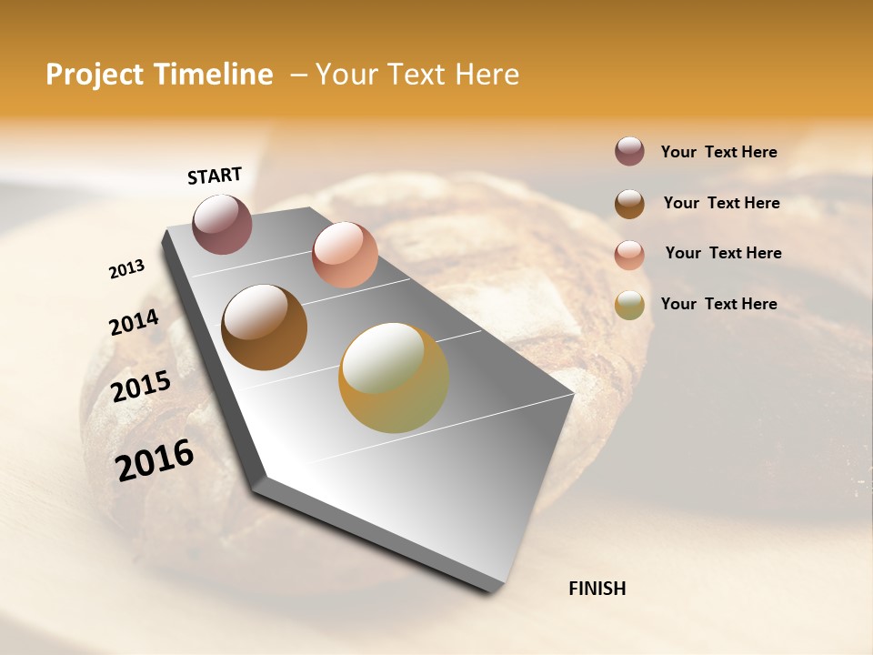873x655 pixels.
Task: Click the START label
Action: tap(215, 176)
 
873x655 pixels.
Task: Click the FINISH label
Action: tap(597, 589)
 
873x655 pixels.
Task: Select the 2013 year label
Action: tap(126, 269)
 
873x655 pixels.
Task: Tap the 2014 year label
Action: tap(134, 322)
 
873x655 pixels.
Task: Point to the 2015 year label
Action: tap(141, 387)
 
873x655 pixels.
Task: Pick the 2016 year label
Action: tap(155, 459)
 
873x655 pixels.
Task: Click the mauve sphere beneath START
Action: tap(223, 224)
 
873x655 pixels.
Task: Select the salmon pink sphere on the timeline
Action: tap(345, 255)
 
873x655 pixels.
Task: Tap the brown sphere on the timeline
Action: tap(264, 327)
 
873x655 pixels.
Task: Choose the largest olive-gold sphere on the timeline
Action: tap(394, 378)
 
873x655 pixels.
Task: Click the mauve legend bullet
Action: tap(629, 152)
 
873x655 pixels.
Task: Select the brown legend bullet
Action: tap(629, 204)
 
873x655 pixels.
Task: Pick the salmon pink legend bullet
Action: tap(629, 255)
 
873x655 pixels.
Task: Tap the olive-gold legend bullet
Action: tap(629, 306)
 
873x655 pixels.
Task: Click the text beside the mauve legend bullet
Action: tap(718, 153)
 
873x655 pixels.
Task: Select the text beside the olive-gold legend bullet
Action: tap(718, 304)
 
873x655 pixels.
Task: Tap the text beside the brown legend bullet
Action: tap(721, 203)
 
